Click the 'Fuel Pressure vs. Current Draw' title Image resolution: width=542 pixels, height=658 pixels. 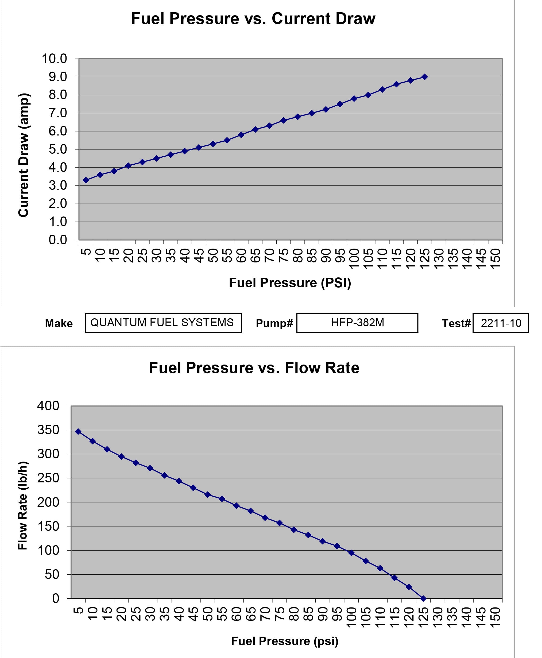pyautogui.click(x=253, y=19)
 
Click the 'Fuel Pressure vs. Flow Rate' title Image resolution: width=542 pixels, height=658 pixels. pyautogui.click(x=254, y=368)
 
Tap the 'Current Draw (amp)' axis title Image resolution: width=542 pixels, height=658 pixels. pyautogui.click(x=24, y=155)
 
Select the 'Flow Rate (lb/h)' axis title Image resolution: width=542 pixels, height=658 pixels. pyautogui.click(x=23, y=506)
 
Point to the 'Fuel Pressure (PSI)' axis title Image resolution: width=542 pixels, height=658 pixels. pyautogui.click(x=290, y=283)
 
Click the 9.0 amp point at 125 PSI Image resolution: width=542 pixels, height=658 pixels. pyautogui.click(x=425, y=77)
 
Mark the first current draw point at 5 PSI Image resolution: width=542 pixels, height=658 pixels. pyautogui.click(x=86, y=180)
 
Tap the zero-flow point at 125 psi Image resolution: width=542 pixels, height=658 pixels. pyautogui.click(x=423, y=599)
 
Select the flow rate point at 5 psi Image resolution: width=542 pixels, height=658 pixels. pyautogui.click(x=78, y=432)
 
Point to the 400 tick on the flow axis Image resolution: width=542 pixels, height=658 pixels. pyautogui.click(x=48, y=406)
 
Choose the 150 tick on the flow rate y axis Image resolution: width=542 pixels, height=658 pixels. pyautogui.click(x=48, y=527)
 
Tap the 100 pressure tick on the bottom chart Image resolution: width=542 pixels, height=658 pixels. pyautogui.click(x=351, y=617)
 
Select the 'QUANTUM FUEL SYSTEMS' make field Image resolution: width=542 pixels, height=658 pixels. pyautogui.click(x=163, y=323)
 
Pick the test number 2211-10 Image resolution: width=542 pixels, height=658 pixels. pyautogui.click(x=501, y=323)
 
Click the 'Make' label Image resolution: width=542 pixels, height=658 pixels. pyautogui.click(x=59, y=323)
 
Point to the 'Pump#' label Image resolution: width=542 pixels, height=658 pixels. pyautogui.click(x=274, y=323)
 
